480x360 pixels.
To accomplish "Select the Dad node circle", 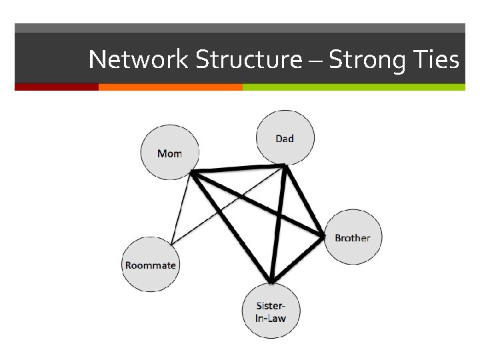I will [285, 138].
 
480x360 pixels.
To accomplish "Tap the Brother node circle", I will [353, 237].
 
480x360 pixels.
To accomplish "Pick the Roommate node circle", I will [151, 264].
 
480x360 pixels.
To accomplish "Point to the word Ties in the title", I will [436, 60].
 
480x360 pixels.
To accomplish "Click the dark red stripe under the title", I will [57, 87].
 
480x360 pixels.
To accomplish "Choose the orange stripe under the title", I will [170, 87].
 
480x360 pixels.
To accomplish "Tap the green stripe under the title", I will [353, 87].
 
